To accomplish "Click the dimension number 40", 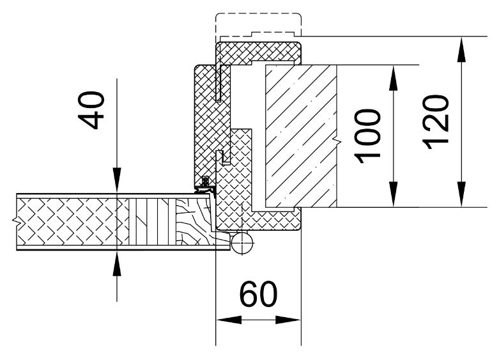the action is pyautogui.click(x=91, y=110).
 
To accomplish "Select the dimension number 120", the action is pyautogui.click(x=436, y=122).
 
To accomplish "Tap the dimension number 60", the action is pyautogui.click(x=258, y=293).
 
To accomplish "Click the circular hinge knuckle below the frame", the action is pyautogui.click(x=243, y=243).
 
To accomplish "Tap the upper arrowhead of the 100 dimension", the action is pyautogui.click(x=394, y=78).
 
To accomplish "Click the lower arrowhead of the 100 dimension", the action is pyautogui.click(x=394, y=194).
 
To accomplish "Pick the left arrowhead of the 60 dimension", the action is pyautogui.click(x=229, y=320).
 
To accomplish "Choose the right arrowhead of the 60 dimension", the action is pyautogui.click(x=288, y=320).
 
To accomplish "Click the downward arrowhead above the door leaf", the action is pyautogui.click(x=117, y=180).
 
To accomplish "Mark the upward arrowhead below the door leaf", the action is pyautogui.click(x=117, y=263).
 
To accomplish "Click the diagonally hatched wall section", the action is pyautogui.click(x=301, y=136).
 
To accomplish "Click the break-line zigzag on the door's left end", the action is pyautogui.click(x=15, y=220).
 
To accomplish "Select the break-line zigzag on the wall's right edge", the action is pyautogui.click(x=338, y=140).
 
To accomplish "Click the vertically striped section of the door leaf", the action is pyautogui.click(x=153, y=222).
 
